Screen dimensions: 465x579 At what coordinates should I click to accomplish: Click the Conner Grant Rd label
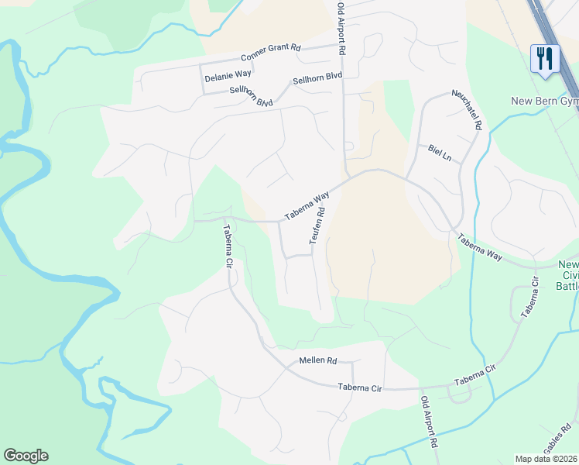(270, 52)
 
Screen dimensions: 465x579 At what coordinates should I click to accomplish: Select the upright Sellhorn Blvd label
(317, 80)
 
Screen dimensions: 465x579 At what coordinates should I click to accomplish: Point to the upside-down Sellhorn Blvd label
(252, 96)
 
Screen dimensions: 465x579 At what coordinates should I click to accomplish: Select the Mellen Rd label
(317, 361)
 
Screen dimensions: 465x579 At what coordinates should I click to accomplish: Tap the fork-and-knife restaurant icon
(545, 58)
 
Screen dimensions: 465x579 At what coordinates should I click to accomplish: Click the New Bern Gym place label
(544, 102)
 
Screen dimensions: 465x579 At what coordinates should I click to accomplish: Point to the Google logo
(26, 456)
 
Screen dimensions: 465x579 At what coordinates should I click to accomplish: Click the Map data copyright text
(546, 459)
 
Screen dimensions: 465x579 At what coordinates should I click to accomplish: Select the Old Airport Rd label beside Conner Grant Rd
(340, 29)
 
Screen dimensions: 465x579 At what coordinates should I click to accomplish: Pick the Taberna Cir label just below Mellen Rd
(360, 387)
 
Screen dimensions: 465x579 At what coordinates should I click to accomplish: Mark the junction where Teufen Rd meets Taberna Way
(331, 191)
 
